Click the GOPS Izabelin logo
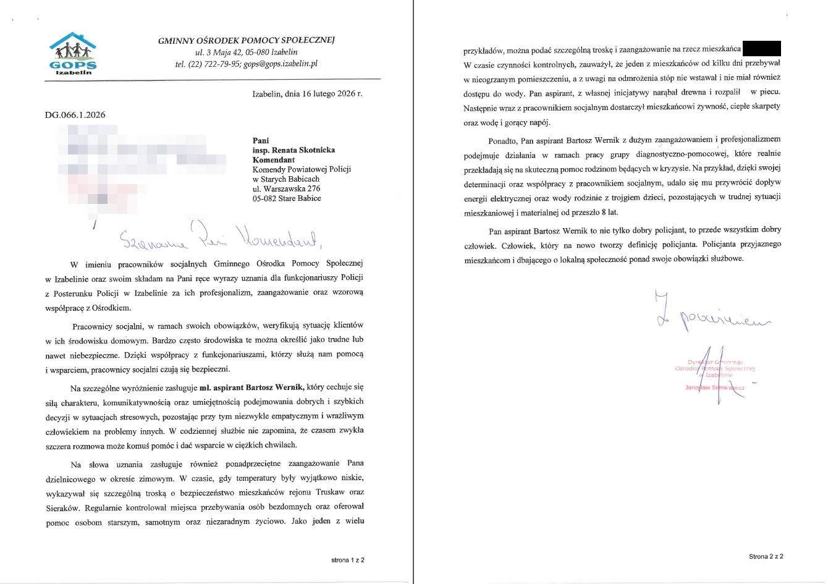(73, 54)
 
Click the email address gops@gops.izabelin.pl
(281, 64)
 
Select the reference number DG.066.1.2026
(75, 115)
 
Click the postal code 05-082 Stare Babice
(287, 198)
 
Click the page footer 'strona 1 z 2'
(347, 560)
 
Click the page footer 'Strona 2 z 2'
(766, 556)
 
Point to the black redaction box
(761, 48)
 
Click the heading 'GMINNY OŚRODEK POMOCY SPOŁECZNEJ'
(246, 40)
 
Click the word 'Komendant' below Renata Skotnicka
(274, 160)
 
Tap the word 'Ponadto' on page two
(502, 140)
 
